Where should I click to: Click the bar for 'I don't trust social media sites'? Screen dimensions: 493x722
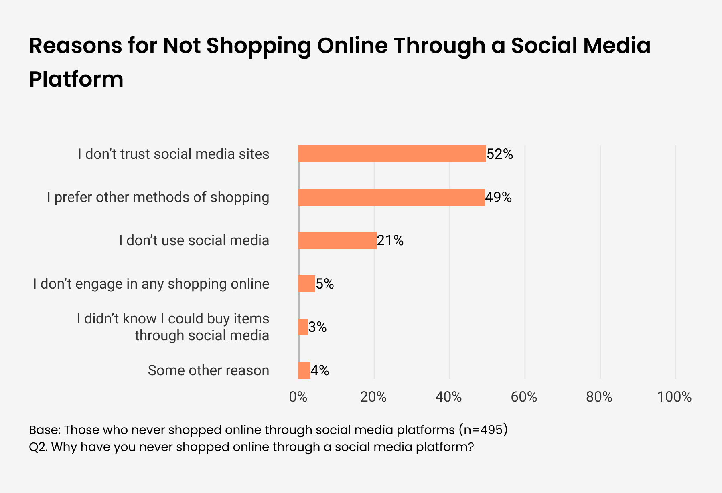(392, 154)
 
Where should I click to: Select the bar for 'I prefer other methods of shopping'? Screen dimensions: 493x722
(391, 197)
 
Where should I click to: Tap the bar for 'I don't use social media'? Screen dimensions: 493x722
(338, 240)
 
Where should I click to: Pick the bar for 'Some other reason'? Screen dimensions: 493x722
(304, 370)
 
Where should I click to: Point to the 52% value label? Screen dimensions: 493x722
(500, 154)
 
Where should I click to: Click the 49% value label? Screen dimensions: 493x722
(499, 197)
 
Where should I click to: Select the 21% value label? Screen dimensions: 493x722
(390, 240)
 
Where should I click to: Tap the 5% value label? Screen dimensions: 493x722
(325, 284)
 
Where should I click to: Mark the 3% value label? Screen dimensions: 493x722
(318, 327)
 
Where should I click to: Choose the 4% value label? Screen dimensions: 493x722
(320, 370)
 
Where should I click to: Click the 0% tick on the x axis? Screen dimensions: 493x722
(298, 397)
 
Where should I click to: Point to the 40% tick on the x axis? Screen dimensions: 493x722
(449, 397)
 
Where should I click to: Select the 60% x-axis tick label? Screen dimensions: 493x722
(524, 397)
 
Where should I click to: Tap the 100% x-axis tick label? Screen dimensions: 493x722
(675, 397)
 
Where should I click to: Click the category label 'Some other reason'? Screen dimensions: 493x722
(209, 370)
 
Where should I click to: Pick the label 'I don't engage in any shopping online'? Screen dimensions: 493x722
(151, 284)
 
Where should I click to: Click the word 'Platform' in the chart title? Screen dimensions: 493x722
(76, 79)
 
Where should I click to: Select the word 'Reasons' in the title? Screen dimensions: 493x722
(75, 45)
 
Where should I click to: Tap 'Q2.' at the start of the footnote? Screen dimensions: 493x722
(38, 447)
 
